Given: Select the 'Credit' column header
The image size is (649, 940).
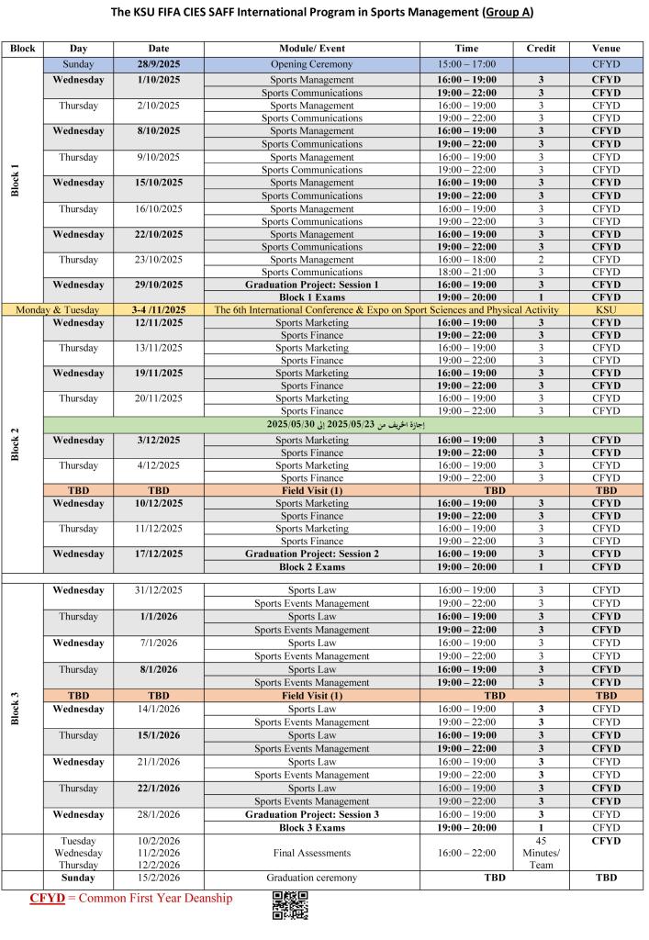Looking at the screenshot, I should point(541,48).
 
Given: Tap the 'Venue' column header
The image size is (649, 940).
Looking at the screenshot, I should point(606,48).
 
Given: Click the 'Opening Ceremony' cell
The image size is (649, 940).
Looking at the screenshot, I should point(312,65).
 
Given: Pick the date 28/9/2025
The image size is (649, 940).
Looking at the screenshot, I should point(158,65).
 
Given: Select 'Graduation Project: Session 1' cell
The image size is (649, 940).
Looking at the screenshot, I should point(312,285).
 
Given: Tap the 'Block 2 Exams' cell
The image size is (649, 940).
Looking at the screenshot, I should point(312,566).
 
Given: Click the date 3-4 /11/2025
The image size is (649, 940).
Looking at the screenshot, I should point(158,310).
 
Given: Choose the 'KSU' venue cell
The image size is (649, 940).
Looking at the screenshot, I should point(606,310).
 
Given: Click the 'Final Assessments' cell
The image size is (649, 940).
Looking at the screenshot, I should point(312,852).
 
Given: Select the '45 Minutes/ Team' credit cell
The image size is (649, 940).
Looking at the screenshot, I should point(541,852).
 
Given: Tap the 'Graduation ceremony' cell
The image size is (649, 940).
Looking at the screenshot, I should point(312,878).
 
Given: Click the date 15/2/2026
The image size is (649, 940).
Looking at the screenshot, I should point(158,878).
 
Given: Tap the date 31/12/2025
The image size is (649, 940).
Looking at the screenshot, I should point(158,589).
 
